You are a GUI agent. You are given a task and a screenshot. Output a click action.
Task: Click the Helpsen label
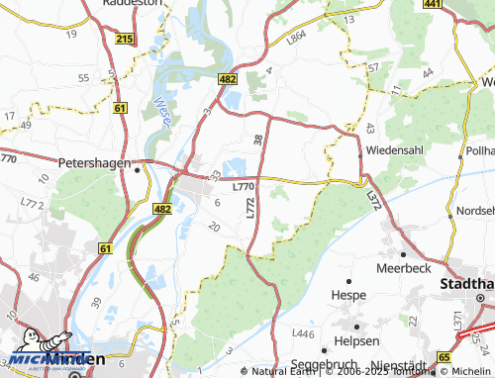pyautogui.click(x=357, y=340)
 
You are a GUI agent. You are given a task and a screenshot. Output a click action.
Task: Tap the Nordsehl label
pyautogui.click(x=475, y=212)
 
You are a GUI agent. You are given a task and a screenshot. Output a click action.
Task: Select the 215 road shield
pyautogui.click(x=124, y=39)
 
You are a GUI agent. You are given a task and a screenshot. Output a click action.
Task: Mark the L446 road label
pyautogui.click(x=304, y=334)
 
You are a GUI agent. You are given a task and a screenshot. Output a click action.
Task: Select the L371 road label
pyautogui.click(x=457, y=321)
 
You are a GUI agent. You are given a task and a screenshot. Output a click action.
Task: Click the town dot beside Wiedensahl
pyautogui.click(x=358, y=155)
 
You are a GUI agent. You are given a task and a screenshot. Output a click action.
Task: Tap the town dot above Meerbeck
pyautogui.click(x=402, y=253)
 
